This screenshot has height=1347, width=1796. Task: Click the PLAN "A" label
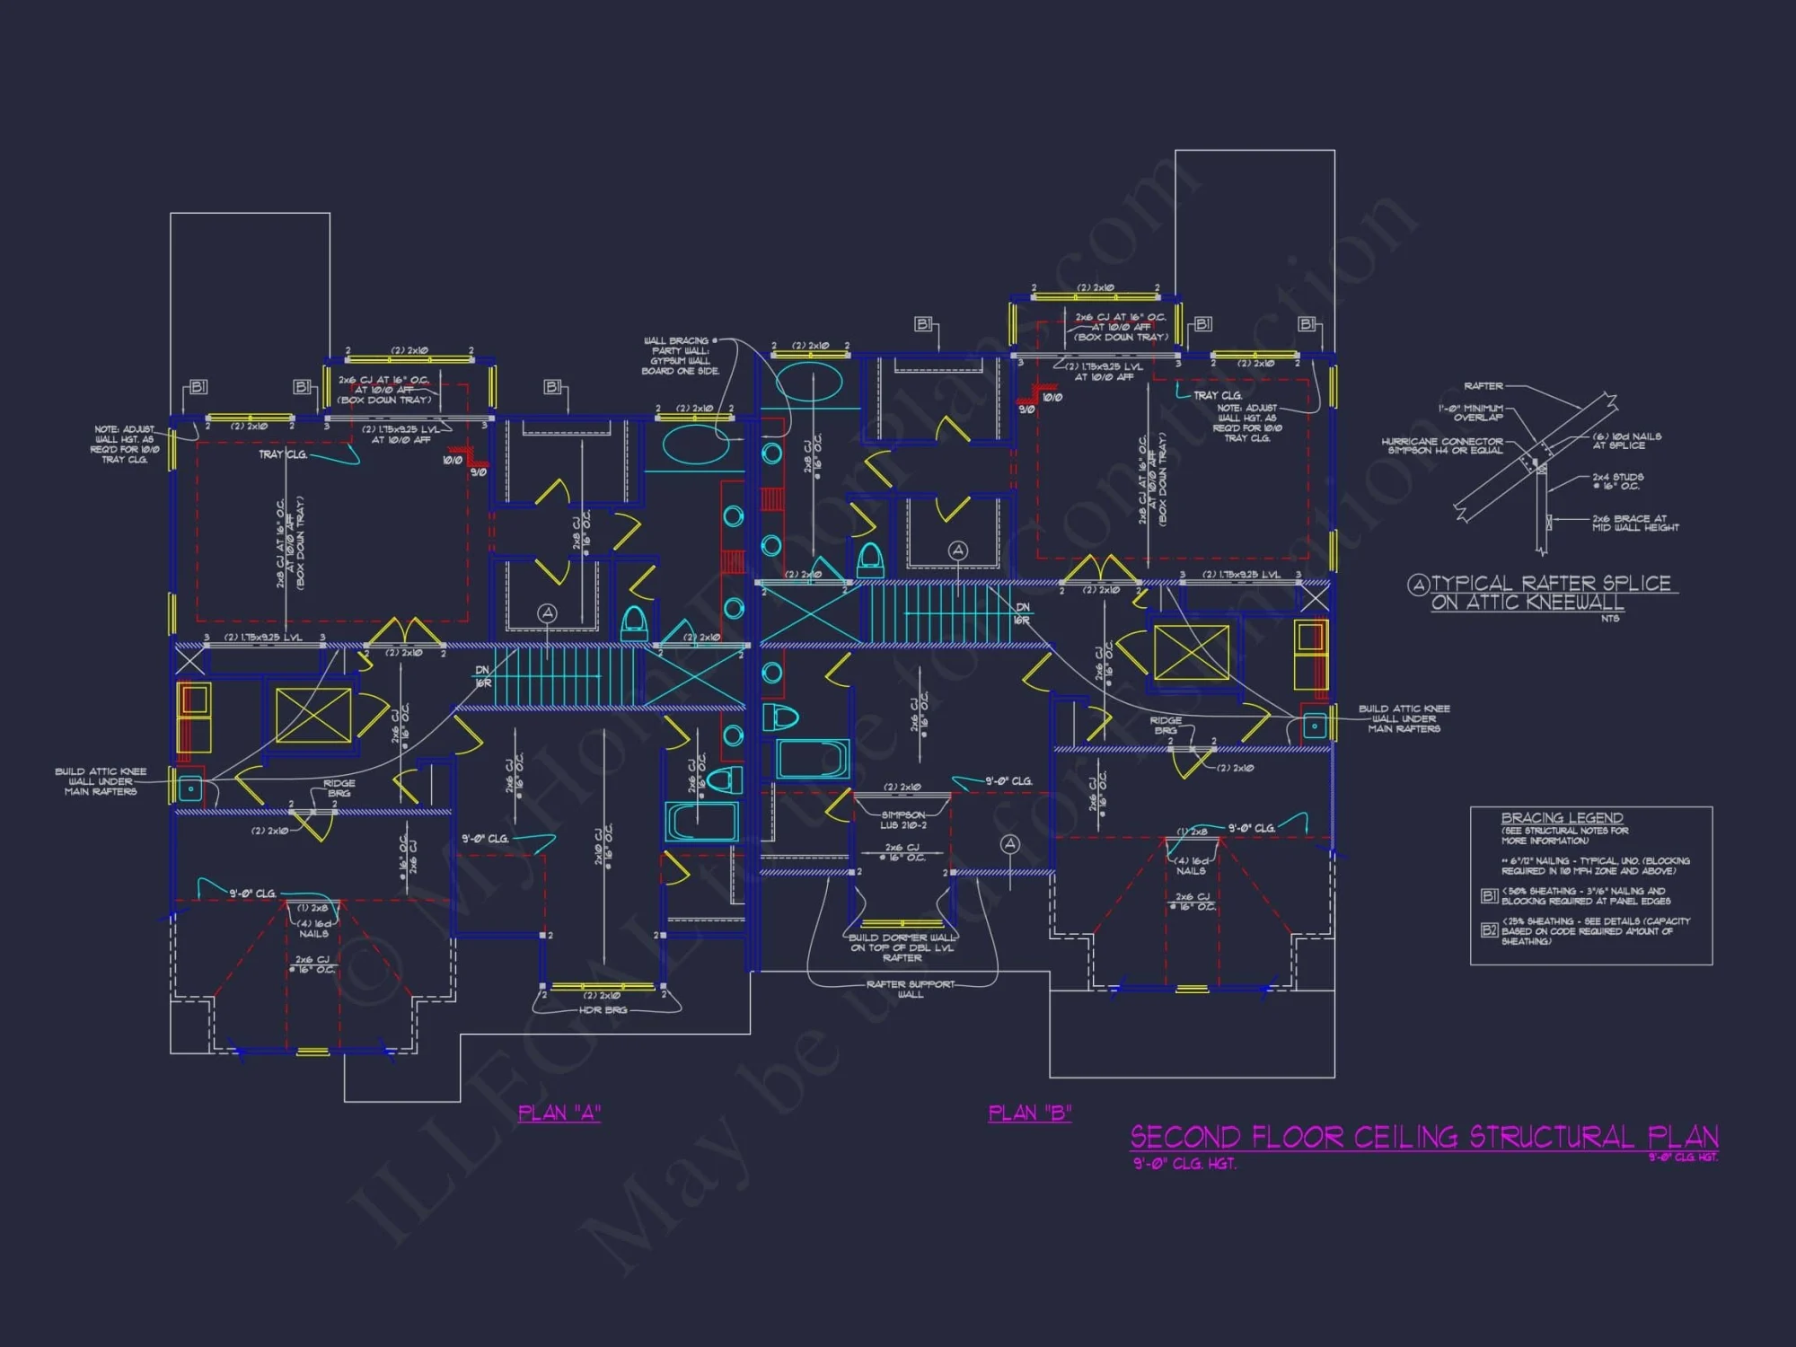[x=559, y=1114]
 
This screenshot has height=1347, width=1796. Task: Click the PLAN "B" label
[x=1029, y=1114]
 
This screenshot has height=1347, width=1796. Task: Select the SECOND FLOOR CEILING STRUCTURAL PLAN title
[x=1423, y=1138]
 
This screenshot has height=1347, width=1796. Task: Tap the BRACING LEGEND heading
[x=1562, y=818]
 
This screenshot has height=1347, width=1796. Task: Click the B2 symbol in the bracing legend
[x=1489, y=930]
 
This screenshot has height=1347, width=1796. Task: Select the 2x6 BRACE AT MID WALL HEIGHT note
[x=1634, y=523]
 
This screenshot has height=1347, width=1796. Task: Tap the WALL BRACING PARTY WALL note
[x=680, y=356]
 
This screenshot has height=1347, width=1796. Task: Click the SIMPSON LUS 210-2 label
[x=902, y=820]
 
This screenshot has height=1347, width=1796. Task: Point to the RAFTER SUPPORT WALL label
[x=910, y=989]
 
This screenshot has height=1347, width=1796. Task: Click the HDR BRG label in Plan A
[x=603, y=1010]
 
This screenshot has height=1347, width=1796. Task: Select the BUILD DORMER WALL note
[x=902, y=947]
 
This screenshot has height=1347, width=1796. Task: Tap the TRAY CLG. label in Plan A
[x=282, y=454]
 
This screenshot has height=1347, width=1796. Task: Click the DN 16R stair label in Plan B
[x=1022, y=613]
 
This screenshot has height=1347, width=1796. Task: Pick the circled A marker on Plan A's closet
[x=547, y=613]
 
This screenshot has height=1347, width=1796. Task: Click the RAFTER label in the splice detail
[x=1483, y=386]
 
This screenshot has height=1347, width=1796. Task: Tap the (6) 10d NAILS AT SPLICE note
[x=1626, y=441]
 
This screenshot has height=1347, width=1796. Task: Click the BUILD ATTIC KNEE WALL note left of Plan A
[x=100, y=781]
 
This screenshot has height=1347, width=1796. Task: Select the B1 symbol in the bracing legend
[x=1489, y=895]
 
